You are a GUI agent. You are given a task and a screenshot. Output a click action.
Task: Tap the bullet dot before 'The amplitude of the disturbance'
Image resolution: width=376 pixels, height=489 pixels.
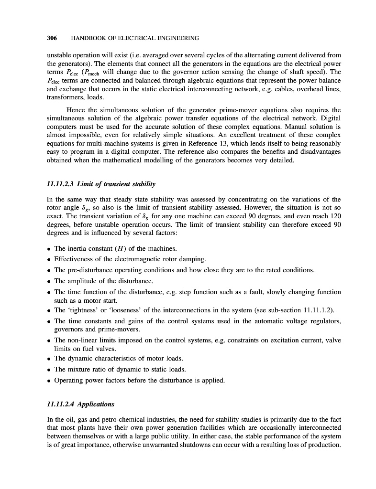pyautogui.click(x=49, y=281)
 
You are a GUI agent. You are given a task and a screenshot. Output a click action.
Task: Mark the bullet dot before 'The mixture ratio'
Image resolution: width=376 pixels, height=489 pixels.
pyautogui.click(x=49, y=370)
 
